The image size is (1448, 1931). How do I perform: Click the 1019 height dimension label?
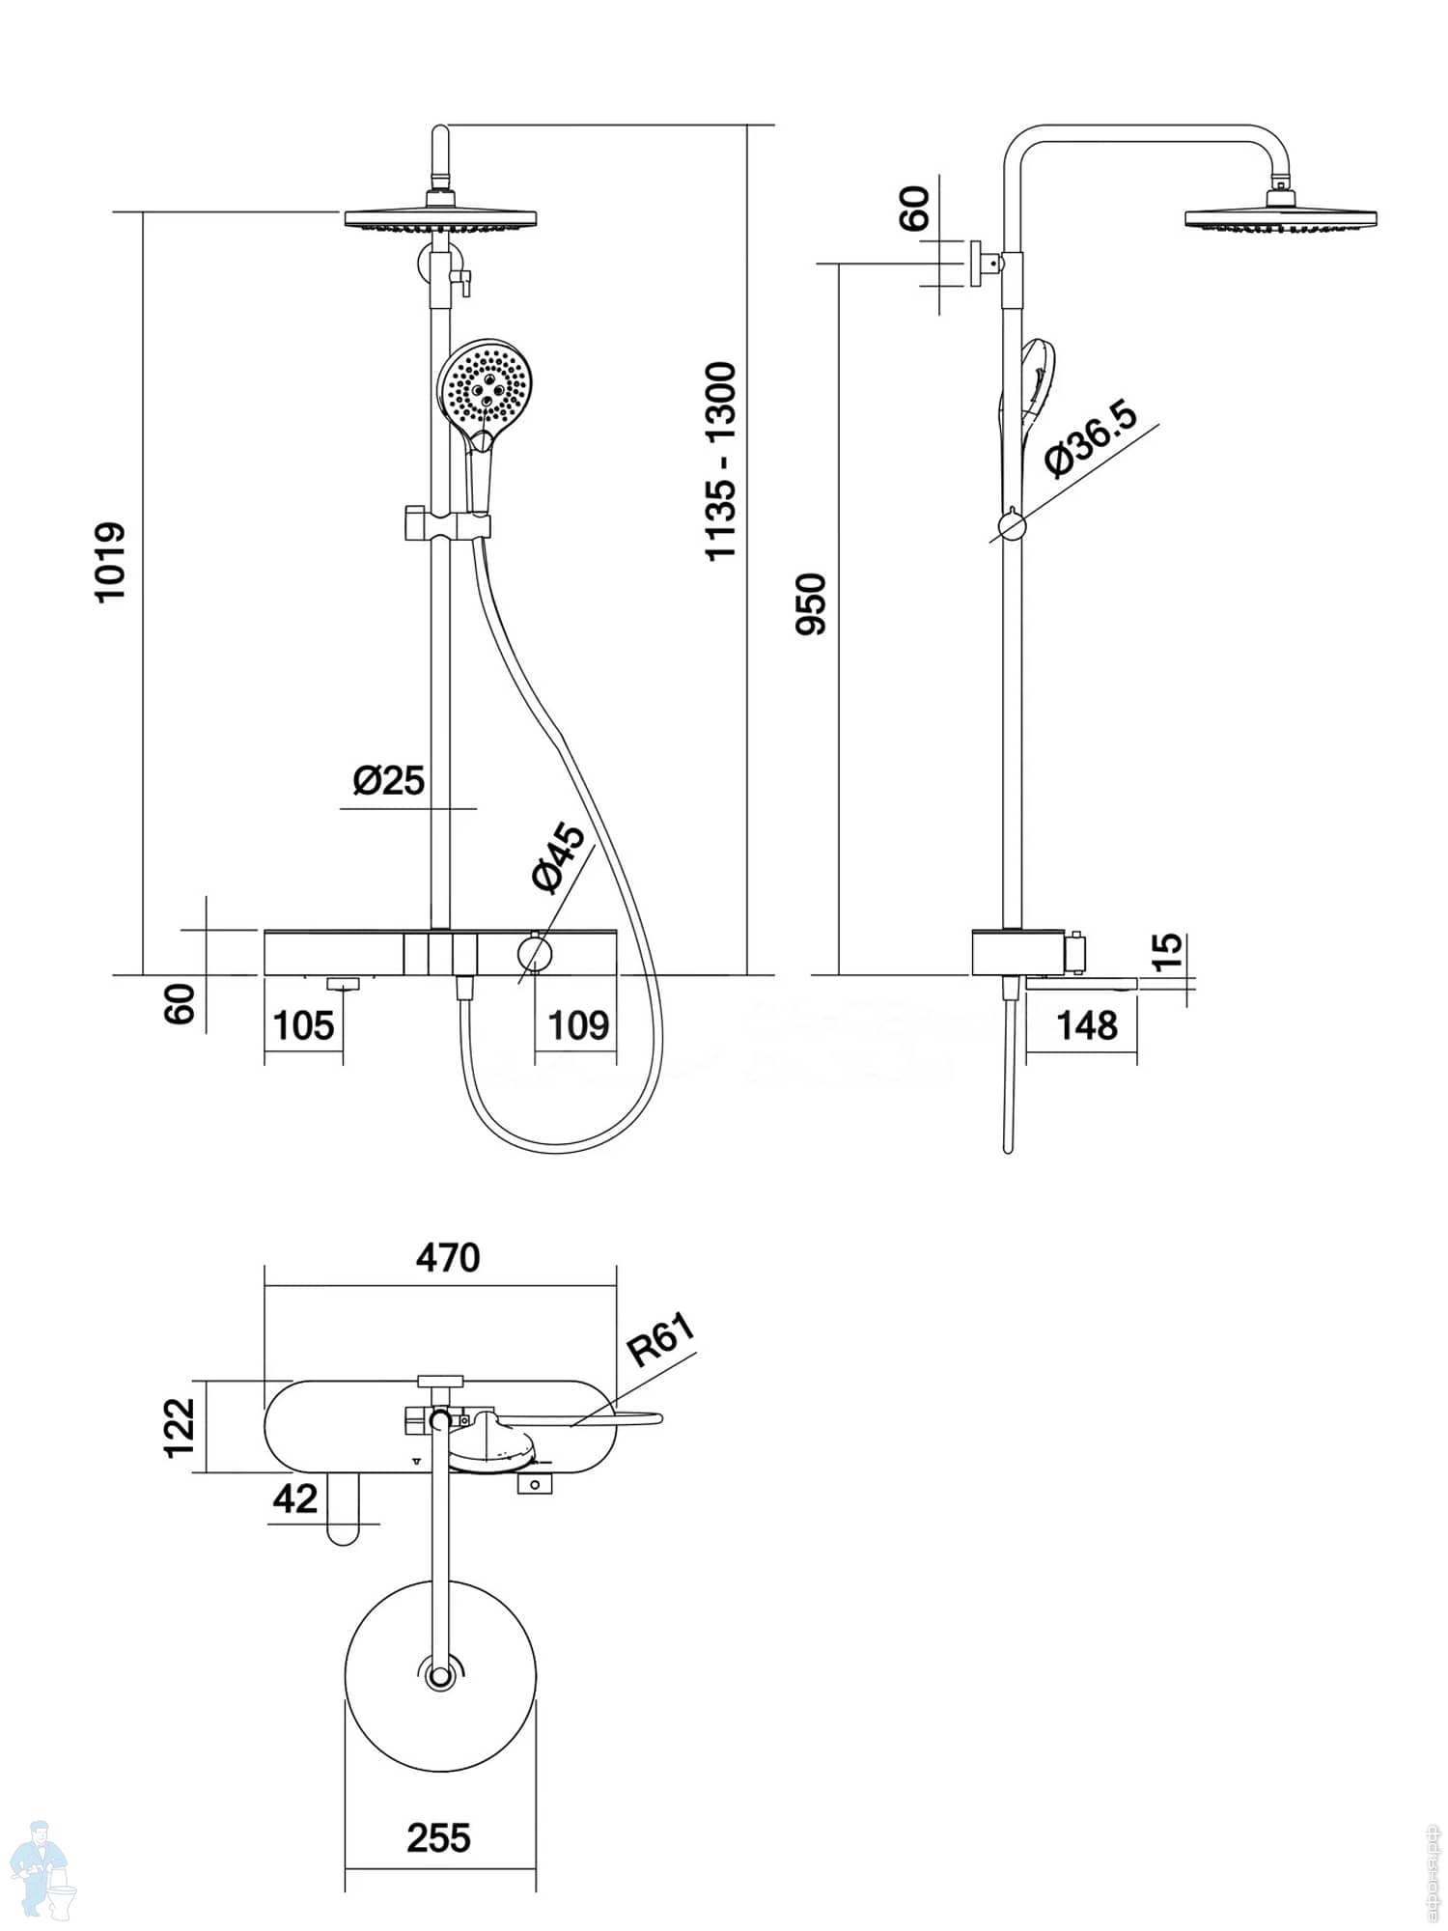click(x=111, y=561)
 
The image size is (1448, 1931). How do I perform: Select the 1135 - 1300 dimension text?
click(x=721, y=461)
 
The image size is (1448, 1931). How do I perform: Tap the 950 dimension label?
click(x=812, y=603)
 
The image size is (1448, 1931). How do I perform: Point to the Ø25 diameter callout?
click(x=388, y=780)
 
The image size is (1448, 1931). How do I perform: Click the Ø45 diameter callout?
click(x=559, y=857)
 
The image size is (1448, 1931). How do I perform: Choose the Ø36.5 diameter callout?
click(x=1092, y=437)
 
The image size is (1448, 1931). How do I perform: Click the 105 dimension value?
click(x=303, y=1025)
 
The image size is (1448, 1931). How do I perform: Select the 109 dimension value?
click(x=578, y=1025)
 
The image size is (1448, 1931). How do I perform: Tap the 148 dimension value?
click(x=1087, y=1025)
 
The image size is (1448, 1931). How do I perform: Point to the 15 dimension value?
click(x=1167, y=950)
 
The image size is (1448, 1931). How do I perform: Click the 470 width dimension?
click(x=448, y=1258)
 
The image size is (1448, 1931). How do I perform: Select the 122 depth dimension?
click(x=180, y=1427)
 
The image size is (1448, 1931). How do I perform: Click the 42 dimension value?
click(x=294, y=1498)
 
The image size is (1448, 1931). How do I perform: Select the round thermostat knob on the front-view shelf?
click(x=534, y=953)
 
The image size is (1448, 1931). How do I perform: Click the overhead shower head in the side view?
click(x=1280, y=217)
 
